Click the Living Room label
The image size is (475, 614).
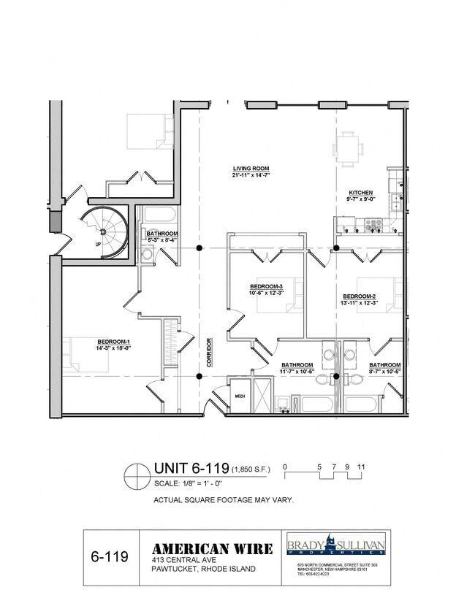tap(251, 169)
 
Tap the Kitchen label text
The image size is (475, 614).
tap(360, 193)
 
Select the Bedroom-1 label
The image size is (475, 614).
tap(113, 341)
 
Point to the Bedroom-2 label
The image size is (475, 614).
tap(359, 296)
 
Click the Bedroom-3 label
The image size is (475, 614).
tap(266, 286)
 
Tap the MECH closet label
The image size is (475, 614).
tap(239, 396)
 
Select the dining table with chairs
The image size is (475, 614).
tap(349, 149)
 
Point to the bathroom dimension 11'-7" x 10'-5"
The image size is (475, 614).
tap(297, 372)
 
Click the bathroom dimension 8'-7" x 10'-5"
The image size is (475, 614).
tap(384, 372)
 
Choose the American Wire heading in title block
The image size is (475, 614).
tap(212, 549)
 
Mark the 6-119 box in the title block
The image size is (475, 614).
tap(110, 558)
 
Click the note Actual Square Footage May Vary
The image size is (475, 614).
tap(224, 501)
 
